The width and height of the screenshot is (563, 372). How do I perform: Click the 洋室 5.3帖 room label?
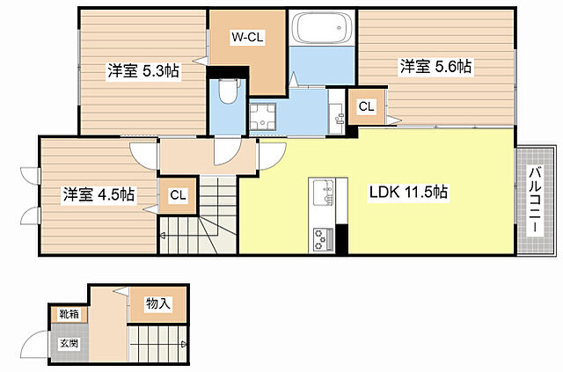143,71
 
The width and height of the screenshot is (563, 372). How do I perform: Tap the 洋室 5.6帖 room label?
436,66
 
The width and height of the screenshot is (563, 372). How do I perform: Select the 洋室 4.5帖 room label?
98,194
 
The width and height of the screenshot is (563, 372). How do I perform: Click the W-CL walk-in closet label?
247,37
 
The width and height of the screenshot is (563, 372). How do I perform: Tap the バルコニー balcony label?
534,201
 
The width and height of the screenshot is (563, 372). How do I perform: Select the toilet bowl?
227,91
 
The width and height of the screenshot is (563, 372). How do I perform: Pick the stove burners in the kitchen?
322,237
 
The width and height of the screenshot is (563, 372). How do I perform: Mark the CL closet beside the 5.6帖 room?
366,106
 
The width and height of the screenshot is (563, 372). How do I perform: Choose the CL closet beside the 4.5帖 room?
178,195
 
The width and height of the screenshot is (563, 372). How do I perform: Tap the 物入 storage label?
157,304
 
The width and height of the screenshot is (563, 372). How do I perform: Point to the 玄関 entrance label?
69,343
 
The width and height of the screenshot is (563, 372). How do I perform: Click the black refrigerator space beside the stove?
342,238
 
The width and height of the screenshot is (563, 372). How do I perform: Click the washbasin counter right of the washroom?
335,117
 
